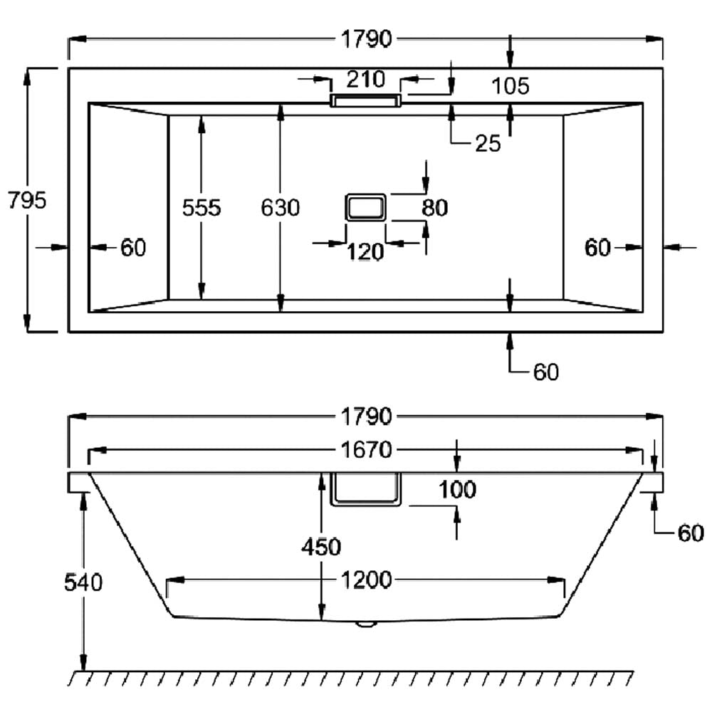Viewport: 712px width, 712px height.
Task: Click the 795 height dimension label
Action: (x=26, y=201)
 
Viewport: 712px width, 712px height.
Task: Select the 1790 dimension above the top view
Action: (x=365, y=40)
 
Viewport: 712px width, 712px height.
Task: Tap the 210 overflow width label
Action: (x=365, y=78)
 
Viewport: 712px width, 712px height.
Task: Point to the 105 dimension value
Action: (x=511, y=87)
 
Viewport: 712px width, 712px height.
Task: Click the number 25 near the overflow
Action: (x=488, y=144)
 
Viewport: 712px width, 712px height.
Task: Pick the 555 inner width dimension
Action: (x=202, y=208)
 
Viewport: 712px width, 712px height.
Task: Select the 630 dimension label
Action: (x=281, y=208)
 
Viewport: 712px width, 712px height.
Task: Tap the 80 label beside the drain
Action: (x=434, y=208)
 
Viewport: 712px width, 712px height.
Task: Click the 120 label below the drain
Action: (x=365, y=251)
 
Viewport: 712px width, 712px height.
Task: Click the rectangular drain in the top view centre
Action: (x=365, y=207)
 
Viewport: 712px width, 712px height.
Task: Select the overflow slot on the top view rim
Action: (x=365, y=100)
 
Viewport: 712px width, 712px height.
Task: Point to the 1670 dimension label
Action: (x=365, y=450)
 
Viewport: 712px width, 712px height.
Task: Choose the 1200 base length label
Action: (x=365, y=581)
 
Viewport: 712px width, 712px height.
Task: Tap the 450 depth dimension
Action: (x=321, y=547)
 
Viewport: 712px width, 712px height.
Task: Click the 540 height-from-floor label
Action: (x=83, y=582)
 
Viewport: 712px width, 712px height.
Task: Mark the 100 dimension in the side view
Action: (x=457, y=490)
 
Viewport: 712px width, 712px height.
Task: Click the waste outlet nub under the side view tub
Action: (x=366, y=624)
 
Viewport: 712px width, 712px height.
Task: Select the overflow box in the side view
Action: (x=366, y=489)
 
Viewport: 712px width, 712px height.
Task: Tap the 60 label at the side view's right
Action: (x=690, y=533)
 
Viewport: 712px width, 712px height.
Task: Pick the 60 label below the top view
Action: (x=546, y=372)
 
